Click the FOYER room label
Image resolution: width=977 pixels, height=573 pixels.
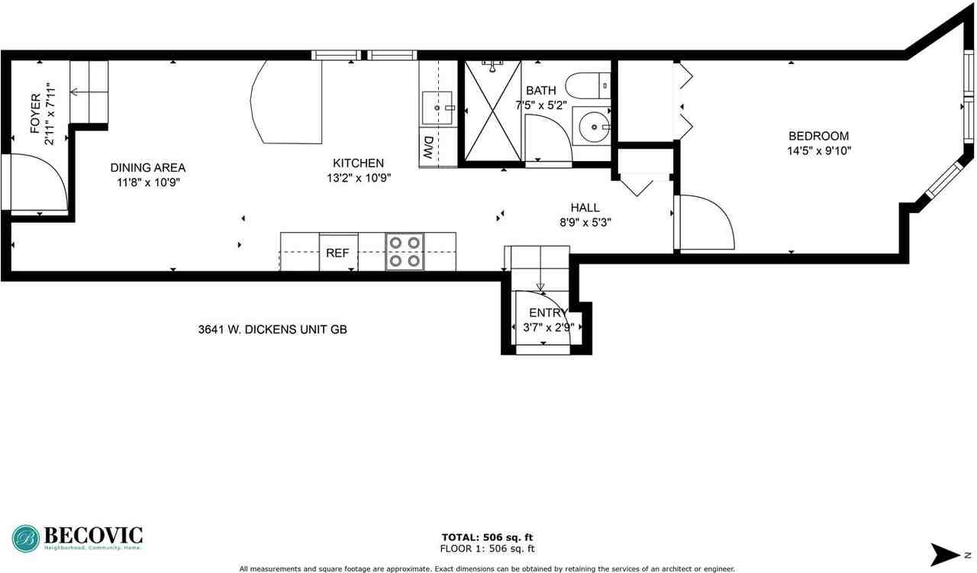pos(36,114)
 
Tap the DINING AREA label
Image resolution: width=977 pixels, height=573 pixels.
pos(148,167)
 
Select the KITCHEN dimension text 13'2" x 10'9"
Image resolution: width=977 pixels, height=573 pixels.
pos(359,178)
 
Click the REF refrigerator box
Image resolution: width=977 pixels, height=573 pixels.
pos(338,252)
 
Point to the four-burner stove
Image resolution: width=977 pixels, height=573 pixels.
pos(405,252)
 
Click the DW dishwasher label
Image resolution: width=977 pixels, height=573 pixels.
pos(428,147)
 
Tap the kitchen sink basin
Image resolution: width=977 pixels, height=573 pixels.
pos(437,108)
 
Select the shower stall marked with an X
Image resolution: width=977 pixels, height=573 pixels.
pos(493,111)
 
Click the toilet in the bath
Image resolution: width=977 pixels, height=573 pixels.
pos(588,86)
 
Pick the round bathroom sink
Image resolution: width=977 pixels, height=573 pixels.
pos(594,127)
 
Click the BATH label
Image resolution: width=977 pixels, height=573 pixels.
pos(541,90)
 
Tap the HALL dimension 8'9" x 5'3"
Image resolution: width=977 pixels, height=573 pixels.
pos(585,222)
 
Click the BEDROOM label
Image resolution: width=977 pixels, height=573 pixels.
pos(819,136)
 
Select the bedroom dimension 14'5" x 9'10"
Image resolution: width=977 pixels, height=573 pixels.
pos(819,151)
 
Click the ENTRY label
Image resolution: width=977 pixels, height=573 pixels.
pos(548,313)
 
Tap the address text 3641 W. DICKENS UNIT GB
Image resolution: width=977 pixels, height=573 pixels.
pos(272,330)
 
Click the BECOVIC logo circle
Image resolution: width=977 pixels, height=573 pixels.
pos(26,539)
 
